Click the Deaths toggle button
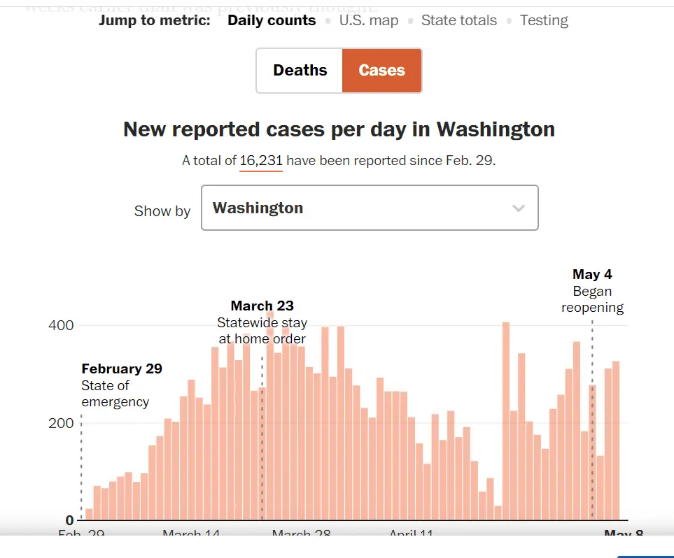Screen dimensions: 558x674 click(x=300, y=71)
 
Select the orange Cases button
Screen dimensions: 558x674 click(x=381, y=71)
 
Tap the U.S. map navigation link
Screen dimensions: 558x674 click(x=368, y=21)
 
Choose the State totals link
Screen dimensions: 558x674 click(x=458, y=21)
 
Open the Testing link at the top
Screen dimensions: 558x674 click(x=544, y=21)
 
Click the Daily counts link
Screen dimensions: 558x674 click(x=272, y=21)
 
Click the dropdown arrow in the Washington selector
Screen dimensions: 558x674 click(x=518, y=208)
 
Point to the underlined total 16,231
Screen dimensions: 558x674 click(x=261, y=161)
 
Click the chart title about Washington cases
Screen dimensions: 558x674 click(x=339, y=129)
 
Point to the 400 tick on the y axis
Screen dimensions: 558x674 click(x=60, y=326)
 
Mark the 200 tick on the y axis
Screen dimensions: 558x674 click(x=60, y=423)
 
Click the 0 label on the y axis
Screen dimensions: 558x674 click(x=69, y=520)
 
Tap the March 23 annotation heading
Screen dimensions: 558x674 click(x=262, y=306)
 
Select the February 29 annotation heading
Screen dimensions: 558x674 click(x=122, y=369)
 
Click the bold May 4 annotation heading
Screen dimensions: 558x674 click(x=592, y=275)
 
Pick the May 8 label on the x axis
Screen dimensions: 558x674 click(x=623, y=534)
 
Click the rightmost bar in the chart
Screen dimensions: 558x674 click(x=616, y=441)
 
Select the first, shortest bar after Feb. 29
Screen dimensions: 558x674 click(x=89, y=514)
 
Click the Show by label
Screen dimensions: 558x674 click(x=162, y=211)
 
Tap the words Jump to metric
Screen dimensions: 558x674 click(x=154, y=21)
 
